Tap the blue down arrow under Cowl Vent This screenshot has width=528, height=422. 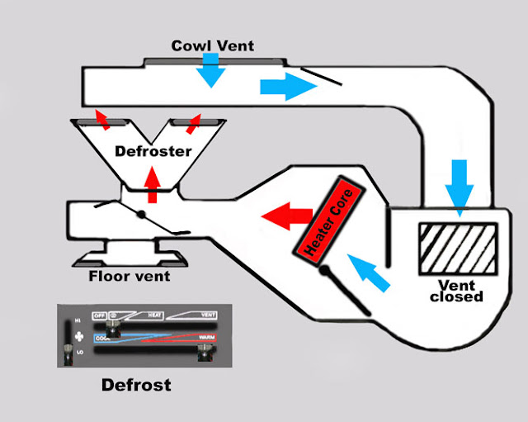211,72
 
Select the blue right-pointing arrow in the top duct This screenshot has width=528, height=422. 281,88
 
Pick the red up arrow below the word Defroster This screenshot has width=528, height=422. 151,184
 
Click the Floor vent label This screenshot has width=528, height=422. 129,276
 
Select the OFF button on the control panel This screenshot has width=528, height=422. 100,316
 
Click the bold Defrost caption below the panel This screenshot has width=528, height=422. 135,385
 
